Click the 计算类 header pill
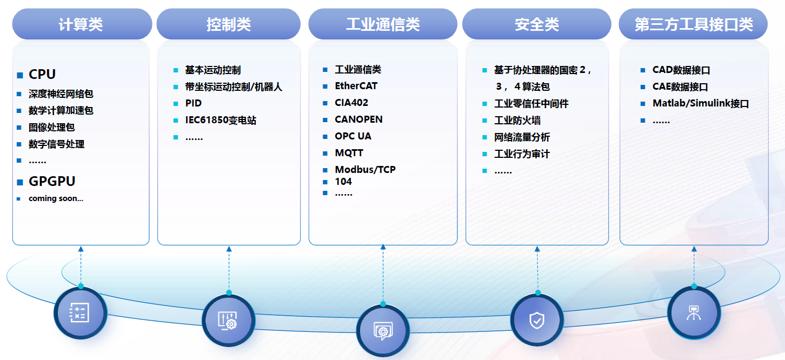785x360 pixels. click(81, 24)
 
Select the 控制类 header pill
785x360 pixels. click(228, 24)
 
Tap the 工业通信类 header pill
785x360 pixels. click(383, 24)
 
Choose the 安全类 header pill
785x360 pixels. click(536, 24)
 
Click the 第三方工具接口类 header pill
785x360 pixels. click(694, 24)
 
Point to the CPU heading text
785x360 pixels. click(42, 74)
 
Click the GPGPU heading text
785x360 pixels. click(52, 181)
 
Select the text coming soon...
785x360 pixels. click(56, 198)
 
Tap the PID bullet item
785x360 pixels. click(193, 103)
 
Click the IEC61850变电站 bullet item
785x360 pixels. click(221, 120)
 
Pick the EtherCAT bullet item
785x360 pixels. click(356, 86)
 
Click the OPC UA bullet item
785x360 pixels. click(353, 136)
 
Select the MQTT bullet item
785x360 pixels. click(349, 153)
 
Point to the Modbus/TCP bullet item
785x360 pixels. click(365, 170)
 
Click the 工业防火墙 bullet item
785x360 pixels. click(517, 120)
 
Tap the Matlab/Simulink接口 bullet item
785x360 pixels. click(701, 104)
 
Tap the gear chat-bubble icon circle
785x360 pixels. click(383, 330)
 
